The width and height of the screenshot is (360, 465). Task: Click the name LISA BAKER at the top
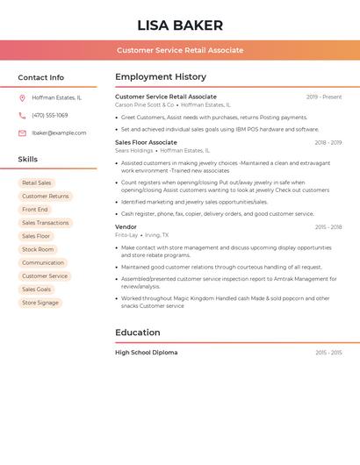[180, 25]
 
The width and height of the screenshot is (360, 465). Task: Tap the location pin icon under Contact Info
[22, 98]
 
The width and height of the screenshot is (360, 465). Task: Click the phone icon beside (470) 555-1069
[22, 116]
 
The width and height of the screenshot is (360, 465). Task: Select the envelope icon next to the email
[22, 133]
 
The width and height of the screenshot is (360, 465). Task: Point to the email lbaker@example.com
[59, 133]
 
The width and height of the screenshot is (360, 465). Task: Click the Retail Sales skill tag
[37, 183]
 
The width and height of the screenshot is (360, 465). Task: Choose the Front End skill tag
[35, 210]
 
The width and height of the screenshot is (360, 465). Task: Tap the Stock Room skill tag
[38, 249]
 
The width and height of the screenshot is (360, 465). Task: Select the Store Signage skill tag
[40, 303]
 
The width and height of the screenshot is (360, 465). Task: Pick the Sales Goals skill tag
[37, 290]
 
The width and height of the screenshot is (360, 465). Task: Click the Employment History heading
[161, 77]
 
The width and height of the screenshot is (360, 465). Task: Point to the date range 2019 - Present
[324, 97]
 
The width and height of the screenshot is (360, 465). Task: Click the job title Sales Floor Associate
[146, 142]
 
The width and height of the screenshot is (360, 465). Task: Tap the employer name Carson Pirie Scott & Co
[145, 104]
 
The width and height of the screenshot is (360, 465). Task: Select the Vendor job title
[126, 227]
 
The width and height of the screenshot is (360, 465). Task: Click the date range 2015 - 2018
[328, 227]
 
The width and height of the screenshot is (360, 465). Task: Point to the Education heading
[138, 333]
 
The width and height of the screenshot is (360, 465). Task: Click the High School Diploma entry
[146, 353]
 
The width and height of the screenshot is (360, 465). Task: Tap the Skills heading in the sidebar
[28, 160]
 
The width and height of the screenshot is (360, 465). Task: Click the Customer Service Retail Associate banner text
[180, 51]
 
